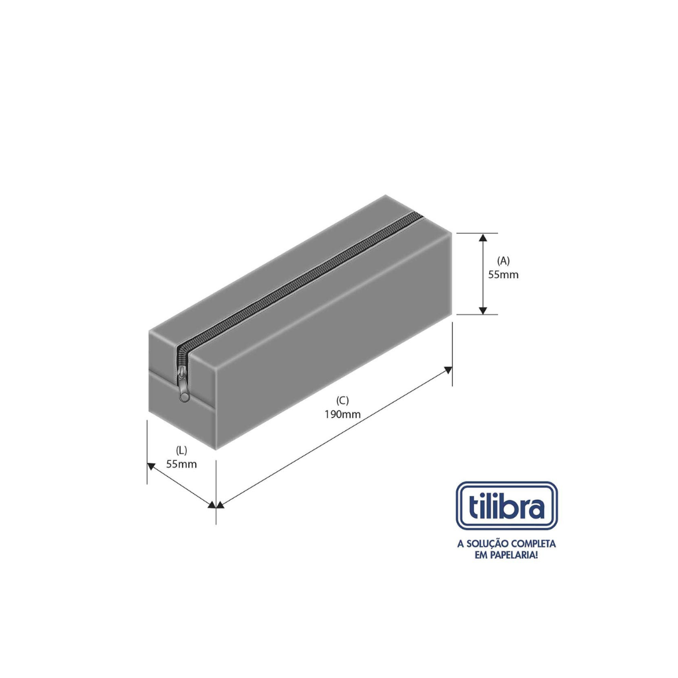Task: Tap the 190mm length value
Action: [x=342, y=414]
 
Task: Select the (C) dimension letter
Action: [x=342, y=401]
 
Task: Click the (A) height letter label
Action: [x=503, y=261]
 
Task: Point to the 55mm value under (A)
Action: [x=503, y=275]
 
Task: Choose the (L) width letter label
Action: [x=181, y=450]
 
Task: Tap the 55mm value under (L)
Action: [x=181, y=464]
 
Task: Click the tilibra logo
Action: [x=507, y=506]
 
